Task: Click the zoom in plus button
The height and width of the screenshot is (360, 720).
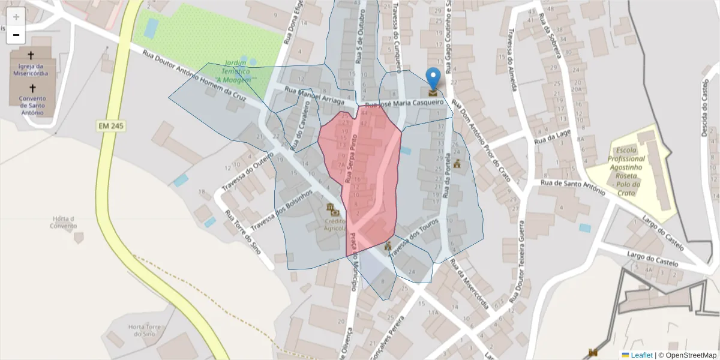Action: tap(16, 17)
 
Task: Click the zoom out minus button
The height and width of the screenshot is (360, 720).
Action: tap(16, 35)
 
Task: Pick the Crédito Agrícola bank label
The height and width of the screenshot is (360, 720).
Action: tap(335, 224)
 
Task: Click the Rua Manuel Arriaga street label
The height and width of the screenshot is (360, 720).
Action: tap(313, 97)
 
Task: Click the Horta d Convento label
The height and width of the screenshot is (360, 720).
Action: tap(64, 221)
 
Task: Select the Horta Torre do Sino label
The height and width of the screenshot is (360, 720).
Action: tap(145, 330)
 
